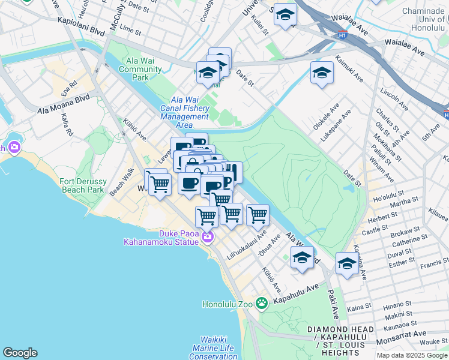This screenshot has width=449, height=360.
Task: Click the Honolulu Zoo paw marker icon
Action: pos(261,304)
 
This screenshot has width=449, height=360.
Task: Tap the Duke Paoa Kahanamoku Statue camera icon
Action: pos(208,238)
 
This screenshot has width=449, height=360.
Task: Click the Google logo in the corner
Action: pos(20,353)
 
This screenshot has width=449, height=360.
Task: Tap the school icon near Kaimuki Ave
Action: pos(322,73)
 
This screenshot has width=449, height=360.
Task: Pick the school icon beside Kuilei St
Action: pos(285,15)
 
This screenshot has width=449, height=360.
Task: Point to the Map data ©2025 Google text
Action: pos(411,355)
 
